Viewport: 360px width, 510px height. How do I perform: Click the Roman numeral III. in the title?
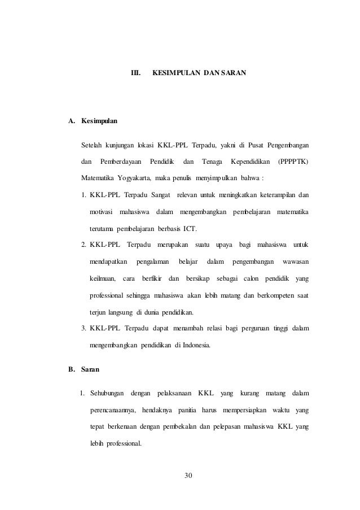[x=135, y=73]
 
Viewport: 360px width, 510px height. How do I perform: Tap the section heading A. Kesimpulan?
[x=93, y=121]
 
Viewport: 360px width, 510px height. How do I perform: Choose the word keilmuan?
[x=102, y=278]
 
